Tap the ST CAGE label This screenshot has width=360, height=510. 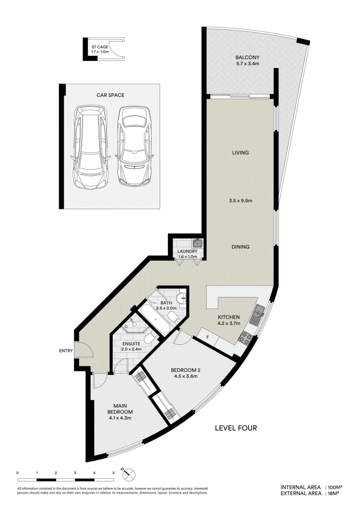point(100,47)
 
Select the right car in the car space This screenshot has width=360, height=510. point(134,146)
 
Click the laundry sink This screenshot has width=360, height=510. point(198,244)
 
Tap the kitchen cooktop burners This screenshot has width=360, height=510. point(246,337)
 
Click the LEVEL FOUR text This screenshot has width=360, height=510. point(236,428)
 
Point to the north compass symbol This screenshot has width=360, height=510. point(129,474)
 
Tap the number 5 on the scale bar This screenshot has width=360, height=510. point(114,472)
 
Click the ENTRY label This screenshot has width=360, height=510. point(66,351)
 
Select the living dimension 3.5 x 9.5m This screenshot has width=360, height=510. point(240,201)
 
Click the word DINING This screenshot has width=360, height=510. point(240,247)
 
